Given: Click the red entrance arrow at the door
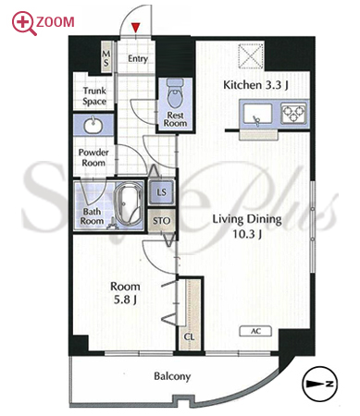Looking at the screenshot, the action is (x=136, y=28).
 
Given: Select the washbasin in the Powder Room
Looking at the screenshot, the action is (x=93, y=125).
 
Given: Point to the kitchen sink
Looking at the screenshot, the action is (x=258, y=114).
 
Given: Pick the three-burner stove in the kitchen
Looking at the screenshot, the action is (x=293, y=114).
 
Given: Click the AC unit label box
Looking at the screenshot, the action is (x=255, y=331).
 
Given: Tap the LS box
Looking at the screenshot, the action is (x=161, y=192).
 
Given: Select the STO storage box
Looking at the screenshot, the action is (x=161, y=221).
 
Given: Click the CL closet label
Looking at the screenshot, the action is (x=189, y=336).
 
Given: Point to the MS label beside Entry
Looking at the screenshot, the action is (x=106, y=59).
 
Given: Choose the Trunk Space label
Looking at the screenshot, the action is (x=94, y=96).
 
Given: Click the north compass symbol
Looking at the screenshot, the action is (x=320, y=384).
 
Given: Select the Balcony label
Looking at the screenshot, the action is (x=172, y=376).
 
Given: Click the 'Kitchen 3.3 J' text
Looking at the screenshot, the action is (x=255, y=85).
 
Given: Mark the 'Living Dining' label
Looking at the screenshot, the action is (x=247, y=219).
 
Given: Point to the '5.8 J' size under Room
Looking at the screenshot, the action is (x=125, y=300).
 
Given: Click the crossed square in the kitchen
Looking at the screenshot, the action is (x=251, y=55).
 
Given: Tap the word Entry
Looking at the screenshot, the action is (x=138, y=59).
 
